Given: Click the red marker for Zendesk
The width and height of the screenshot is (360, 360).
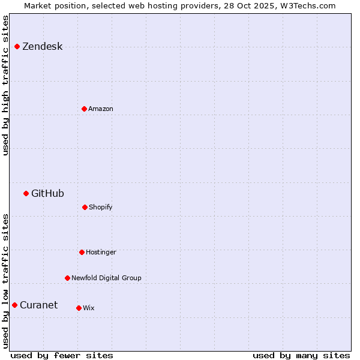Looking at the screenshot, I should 17,46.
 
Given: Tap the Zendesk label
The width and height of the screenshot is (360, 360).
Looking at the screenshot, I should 42,47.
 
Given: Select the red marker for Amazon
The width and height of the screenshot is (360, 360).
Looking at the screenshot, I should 84,109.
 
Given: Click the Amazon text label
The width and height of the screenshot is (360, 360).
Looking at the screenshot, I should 100,109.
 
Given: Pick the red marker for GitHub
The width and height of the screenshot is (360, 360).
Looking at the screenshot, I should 26,193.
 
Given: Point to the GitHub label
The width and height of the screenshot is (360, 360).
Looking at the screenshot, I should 47,193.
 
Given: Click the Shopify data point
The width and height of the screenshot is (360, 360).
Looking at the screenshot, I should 85,207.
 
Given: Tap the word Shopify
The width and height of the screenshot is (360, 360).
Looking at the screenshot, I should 100,208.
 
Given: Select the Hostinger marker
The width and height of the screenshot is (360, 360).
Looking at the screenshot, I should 82,252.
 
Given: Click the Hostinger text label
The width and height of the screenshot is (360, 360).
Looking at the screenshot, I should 101,253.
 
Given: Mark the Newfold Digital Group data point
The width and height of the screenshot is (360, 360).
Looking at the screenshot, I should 67,278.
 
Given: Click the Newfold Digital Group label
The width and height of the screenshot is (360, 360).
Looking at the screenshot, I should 106,278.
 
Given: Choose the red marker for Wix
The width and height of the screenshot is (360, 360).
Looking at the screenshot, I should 79,308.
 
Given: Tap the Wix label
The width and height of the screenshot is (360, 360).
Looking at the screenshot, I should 88,308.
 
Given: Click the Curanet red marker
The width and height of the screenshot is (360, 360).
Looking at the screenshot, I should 14,305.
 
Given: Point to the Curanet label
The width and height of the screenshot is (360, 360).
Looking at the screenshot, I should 38,305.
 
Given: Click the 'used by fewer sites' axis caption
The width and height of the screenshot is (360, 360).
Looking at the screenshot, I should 61,355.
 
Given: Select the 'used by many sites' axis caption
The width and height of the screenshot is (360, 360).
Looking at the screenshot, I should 301,355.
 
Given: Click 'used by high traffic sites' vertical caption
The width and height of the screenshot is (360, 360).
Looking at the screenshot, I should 5,85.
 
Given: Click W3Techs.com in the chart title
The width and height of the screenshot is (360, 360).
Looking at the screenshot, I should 306,5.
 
